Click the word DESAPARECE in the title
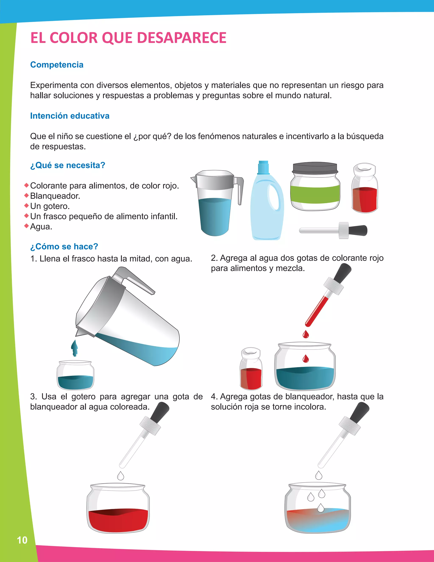tap(182, 38)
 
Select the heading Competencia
tap(57, 65)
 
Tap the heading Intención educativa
tap(70, 116)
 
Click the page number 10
tap(22, 540)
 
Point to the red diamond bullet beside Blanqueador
tap(26, 196)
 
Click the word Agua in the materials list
tap(41, 227)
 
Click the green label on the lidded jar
tap(315, 194)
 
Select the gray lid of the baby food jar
tap(315, 168)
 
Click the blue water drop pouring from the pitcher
tap(75, 348)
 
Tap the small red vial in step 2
tap(251, 369)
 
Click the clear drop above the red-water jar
tap(121, 476)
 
